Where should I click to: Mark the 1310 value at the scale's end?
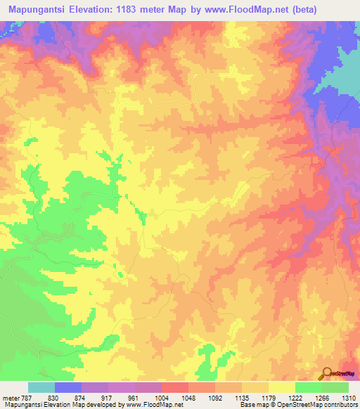point(349,398)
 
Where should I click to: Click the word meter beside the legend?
point(10,398)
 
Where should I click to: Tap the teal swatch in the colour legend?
point(41,387)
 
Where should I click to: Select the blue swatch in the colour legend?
point(68,387)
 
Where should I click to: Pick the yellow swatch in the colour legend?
point(282,387)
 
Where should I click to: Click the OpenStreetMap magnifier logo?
point(326,374)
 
